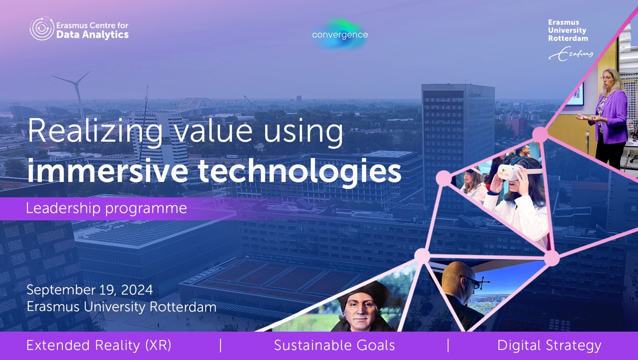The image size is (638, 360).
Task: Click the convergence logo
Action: [x=340, y=35]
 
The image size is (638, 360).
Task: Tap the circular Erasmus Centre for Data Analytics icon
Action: [x=42, y=28]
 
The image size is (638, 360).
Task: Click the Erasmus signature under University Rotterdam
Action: [x=571, y=54]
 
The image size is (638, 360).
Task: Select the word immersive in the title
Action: [x=107, y=171]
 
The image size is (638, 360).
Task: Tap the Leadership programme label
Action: [x=106, y=209]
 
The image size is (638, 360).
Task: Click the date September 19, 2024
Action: [x=90, y=290]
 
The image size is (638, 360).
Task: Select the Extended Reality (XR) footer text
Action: [x=99, y=345]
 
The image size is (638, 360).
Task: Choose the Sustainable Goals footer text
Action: [x=334, y=345]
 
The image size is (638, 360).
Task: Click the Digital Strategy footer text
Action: [x=549, y=346]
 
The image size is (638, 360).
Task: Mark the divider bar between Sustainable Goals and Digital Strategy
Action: [x=448, y=345]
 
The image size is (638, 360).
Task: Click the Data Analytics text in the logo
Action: [x=93, y=35]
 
